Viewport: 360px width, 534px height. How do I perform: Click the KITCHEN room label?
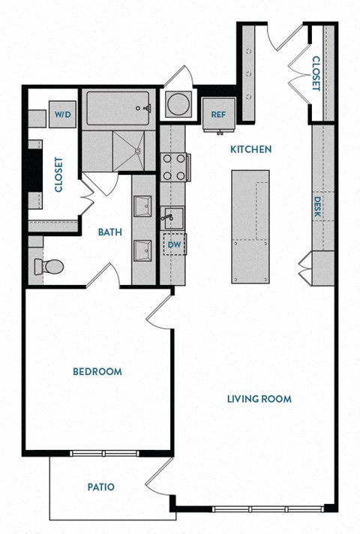(250, 150)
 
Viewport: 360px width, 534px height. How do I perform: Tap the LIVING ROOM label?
(259, 398)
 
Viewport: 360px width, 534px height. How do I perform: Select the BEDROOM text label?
(97, 371)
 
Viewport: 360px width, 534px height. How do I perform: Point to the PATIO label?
(100, 487)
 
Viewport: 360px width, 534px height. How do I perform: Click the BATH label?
(110, 232)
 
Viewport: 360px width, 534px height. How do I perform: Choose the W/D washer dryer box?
(62, 115)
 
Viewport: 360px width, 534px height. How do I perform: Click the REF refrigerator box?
(218, 115)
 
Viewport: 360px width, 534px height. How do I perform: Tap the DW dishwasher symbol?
(174, 244)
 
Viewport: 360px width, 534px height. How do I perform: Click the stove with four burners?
(174, 167)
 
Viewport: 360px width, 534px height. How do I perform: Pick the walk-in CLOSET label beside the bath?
(58, 174)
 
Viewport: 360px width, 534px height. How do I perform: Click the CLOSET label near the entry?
(316, 73)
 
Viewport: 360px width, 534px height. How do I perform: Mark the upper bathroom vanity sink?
(142, 205)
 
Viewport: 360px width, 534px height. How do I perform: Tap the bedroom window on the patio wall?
(104, 452)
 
